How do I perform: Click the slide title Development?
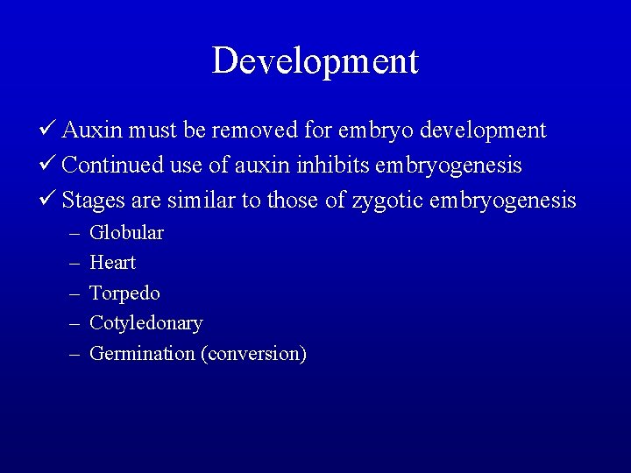(x=315, y=61)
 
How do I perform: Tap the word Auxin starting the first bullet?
(x=93, y=131)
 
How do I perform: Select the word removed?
(x=245, y=131)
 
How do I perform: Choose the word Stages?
(x=93, y=201)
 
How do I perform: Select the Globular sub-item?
(x=127, y=233)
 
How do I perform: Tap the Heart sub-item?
(x=113, y=263)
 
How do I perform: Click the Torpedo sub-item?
(x=125, y=293)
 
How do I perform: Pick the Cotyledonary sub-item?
(x=146, y=323)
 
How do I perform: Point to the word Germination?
(x=142, y=354)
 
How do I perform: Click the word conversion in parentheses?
(x=253, y=354)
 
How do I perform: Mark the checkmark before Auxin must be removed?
(x=50, y=131)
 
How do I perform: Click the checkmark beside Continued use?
(x=50, y=166)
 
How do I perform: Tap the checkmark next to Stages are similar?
(x=50, y=201)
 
